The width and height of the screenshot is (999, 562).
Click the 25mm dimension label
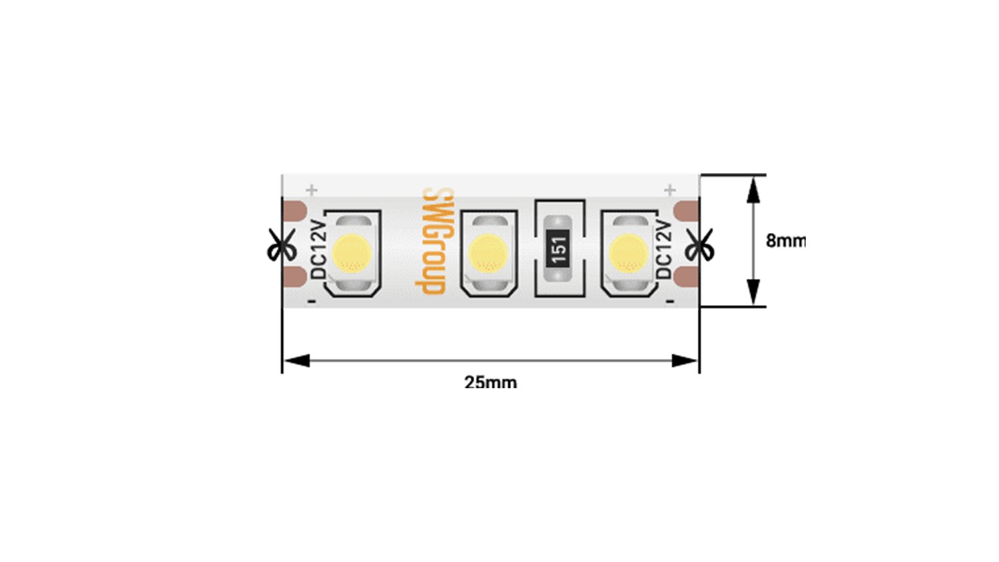pyautogui.click(x=491, y=383)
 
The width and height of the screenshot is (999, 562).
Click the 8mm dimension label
pyautogui.click(x=786, y=241)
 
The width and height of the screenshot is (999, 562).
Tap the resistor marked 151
pyautogui.click(x=558, y=248)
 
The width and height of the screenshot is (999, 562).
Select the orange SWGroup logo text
pyautogui.click(x=434, y=241)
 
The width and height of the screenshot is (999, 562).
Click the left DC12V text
pyautogui.click(x=318, y=249)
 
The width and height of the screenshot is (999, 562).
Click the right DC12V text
pyautogui.click(x=663, y=249)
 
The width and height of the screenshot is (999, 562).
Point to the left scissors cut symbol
pyautogui.click(x=282, y=244)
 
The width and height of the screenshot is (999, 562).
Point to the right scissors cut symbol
pyautogui.click(x=699, y=244)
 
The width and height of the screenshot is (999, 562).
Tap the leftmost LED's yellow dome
pyautogui.click(x=352, y=253)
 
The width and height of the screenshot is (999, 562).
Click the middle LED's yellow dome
pyautogui.click(x=488, y=253)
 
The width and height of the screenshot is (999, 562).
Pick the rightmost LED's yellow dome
pyautogui.click(x=629, y=253)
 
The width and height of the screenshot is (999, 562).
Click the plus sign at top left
pyautogui.click(x=312, y=190)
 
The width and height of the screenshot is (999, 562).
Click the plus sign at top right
pyautogui.click(x=669, y=190)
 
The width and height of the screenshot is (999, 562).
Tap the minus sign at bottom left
pyautogui.click(x=312, y=302)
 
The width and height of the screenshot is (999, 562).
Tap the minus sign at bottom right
pyautogui.click(x=670, y=302)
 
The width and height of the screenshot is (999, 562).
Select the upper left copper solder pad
pyautogui.click(x=295, y=210)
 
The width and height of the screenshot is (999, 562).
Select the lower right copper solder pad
pyautogui.click(x=686, y=277)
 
